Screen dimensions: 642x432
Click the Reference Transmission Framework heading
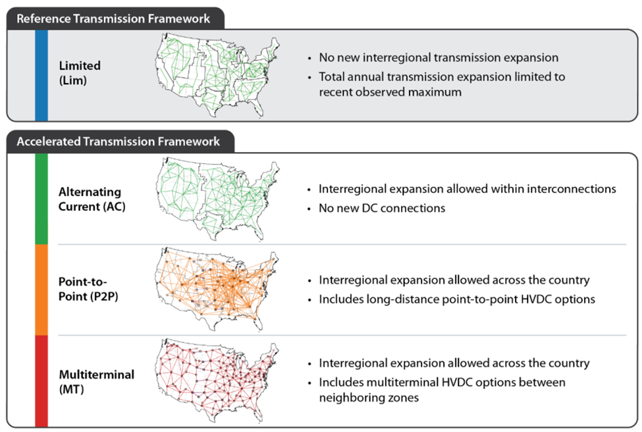(x=113, y=19)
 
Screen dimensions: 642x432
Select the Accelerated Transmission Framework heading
(x=119, y=142)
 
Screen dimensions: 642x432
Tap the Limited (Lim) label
(x=80, y=73)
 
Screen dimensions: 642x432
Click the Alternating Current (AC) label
(x=92, y=199)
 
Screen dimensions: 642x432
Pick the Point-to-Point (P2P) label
(x=88, y=288)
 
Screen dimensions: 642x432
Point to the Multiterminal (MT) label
(x=97, y=382)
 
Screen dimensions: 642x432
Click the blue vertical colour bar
(x=41, y=75)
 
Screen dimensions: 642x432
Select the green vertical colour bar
(x=41, y=199)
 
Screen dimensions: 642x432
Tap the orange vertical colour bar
(x=41, y=290)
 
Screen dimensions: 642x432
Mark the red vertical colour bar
(x=41, y=381)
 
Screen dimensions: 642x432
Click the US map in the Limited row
(x=217, y=76)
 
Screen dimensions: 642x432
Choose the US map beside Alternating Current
(x=217, y=199)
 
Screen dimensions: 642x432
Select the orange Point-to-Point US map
(x=217, y=289)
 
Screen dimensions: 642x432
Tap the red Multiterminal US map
(x=217, y=381)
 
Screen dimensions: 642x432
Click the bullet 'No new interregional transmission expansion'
(x=439, y=58)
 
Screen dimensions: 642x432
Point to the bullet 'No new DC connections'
(x=382, y=208)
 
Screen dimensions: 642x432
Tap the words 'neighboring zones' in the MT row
(x=369, y=398)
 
